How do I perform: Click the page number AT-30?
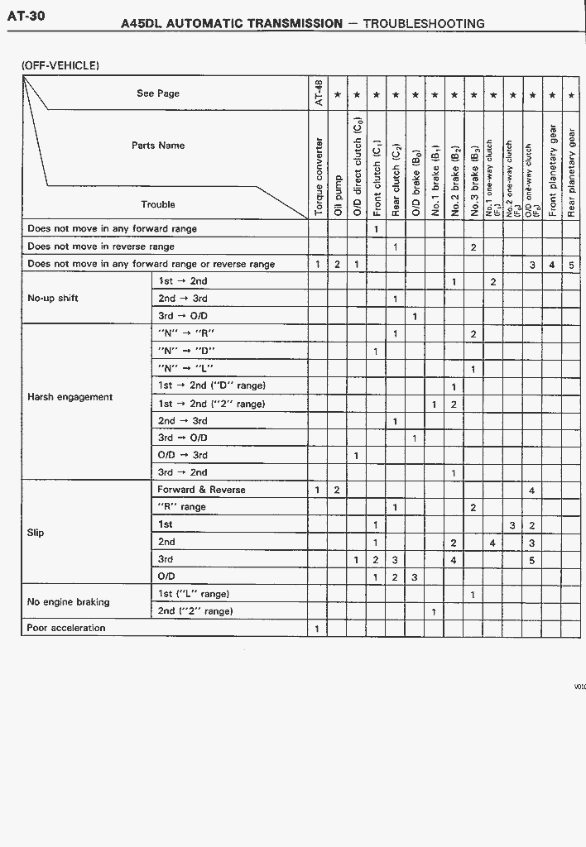click(x=26, y=16)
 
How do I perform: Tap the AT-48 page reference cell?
click(x=318, y=93)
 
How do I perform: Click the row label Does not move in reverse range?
click(x=101, y=246)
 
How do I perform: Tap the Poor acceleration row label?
click(x=66, y=628)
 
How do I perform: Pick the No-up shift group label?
click(x=53, y=299)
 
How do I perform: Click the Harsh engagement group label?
click(x=70, y=397)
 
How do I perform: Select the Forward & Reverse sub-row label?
click(x=201, y=490)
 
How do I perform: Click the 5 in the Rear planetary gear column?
click(x=571, y=265)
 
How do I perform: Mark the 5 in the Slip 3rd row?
click(x=532, y=560)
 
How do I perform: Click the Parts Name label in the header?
click(x=158, y=146)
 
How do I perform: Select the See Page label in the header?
click(x=158, y=93)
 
